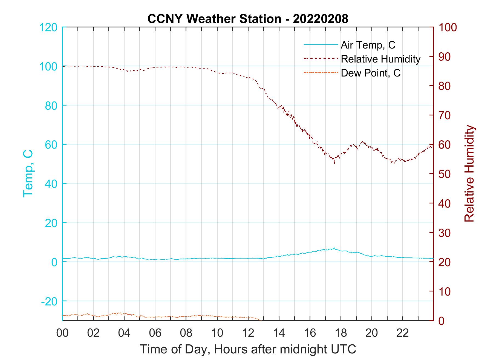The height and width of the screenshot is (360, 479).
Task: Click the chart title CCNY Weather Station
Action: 214,19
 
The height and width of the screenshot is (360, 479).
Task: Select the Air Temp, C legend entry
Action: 368,45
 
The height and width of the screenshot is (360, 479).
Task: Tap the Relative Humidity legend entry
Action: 380,59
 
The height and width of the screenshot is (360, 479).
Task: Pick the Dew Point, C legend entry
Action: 371,73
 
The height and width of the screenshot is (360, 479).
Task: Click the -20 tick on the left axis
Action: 49,301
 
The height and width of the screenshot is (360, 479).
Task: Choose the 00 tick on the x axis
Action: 62,333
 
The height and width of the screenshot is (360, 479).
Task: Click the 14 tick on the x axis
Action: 279,333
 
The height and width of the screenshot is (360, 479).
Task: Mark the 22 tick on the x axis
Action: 403,333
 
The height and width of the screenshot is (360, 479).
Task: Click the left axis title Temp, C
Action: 28,173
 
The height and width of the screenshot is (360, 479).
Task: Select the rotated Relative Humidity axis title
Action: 469,173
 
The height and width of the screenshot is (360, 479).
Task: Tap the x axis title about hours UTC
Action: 248,349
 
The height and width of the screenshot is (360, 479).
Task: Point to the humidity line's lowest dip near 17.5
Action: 334,163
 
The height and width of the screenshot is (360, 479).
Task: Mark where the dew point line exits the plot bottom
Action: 259,320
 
